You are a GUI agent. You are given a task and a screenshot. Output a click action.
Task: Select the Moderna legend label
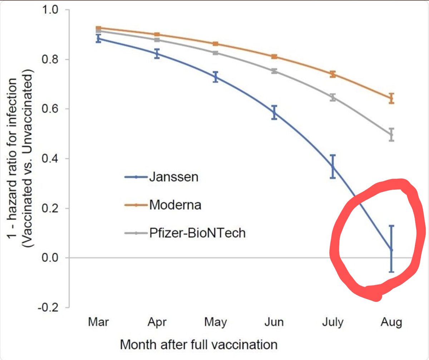[x=175, y=205]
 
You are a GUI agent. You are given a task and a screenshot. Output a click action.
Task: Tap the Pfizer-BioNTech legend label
[x=197, y=233]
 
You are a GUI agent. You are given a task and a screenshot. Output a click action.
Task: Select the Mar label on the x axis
[x=98, y=322]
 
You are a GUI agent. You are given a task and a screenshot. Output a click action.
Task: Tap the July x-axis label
[x=333, y=322]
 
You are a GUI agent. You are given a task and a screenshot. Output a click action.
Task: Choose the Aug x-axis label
[x=391, y=322]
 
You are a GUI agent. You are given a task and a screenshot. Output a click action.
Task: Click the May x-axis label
[x=216, y=322]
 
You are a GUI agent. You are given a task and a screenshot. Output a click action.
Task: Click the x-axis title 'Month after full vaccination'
[x=199, y=345]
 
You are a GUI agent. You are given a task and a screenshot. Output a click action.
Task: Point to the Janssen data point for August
[x=391, y=250]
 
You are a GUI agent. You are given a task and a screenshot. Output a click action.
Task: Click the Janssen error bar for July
[x=333, y=166]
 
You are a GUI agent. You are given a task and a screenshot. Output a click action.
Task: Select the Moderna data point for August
[x=391, y=98]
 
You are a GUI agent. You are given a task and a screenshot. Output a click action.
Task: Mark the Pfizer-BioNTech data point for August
[x=391, y=135]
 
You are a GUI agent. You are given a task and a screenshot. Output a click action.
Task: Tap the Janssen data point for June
[x=274, y=112]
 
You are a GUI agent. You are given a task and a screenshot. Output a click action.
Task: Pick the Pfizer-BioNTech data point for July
[x=333, y=97]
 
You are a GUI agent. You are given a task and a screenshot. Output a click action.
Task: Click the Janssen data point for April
[x=157, y=54]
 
